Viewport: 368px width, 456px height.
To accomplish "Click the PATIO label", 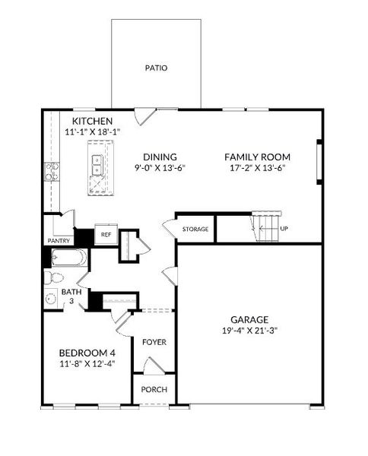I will (x=156, y=68).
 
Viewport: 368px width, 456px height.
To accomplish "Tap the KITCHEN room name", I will (x=93, y=122).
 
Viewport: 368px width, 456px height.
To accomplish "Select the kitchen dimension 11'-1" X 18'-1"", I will (x=93, y=133).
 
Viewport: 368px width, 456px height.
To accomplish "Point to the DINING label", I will (x=160, y=157).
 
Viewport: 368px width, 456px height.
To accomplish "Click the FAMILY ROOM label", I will (x=257, y=157).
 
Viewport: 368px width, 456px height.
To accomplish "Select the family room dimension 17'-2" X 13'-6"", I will (x=257, y=169).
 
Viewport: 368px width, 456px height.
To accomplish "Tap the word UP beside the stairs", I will (x=284, y=227).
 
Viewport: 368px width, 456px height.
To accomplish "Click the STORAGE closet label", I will (x=195, y=228).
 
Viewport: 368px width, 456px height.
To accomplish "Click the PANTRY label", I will (x=59, y=242).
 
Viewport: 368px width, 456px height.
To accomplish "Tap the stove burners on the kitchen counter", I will (x=51, y=173).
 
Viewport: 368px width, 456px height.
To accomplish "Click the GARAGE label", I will (x=251, y=319).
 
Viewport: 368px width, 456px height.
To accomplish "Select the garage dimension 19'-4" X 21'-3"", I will (x=251, y=331).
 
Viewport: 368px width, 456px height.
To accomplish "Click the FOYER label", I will (x=154, y=342).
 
